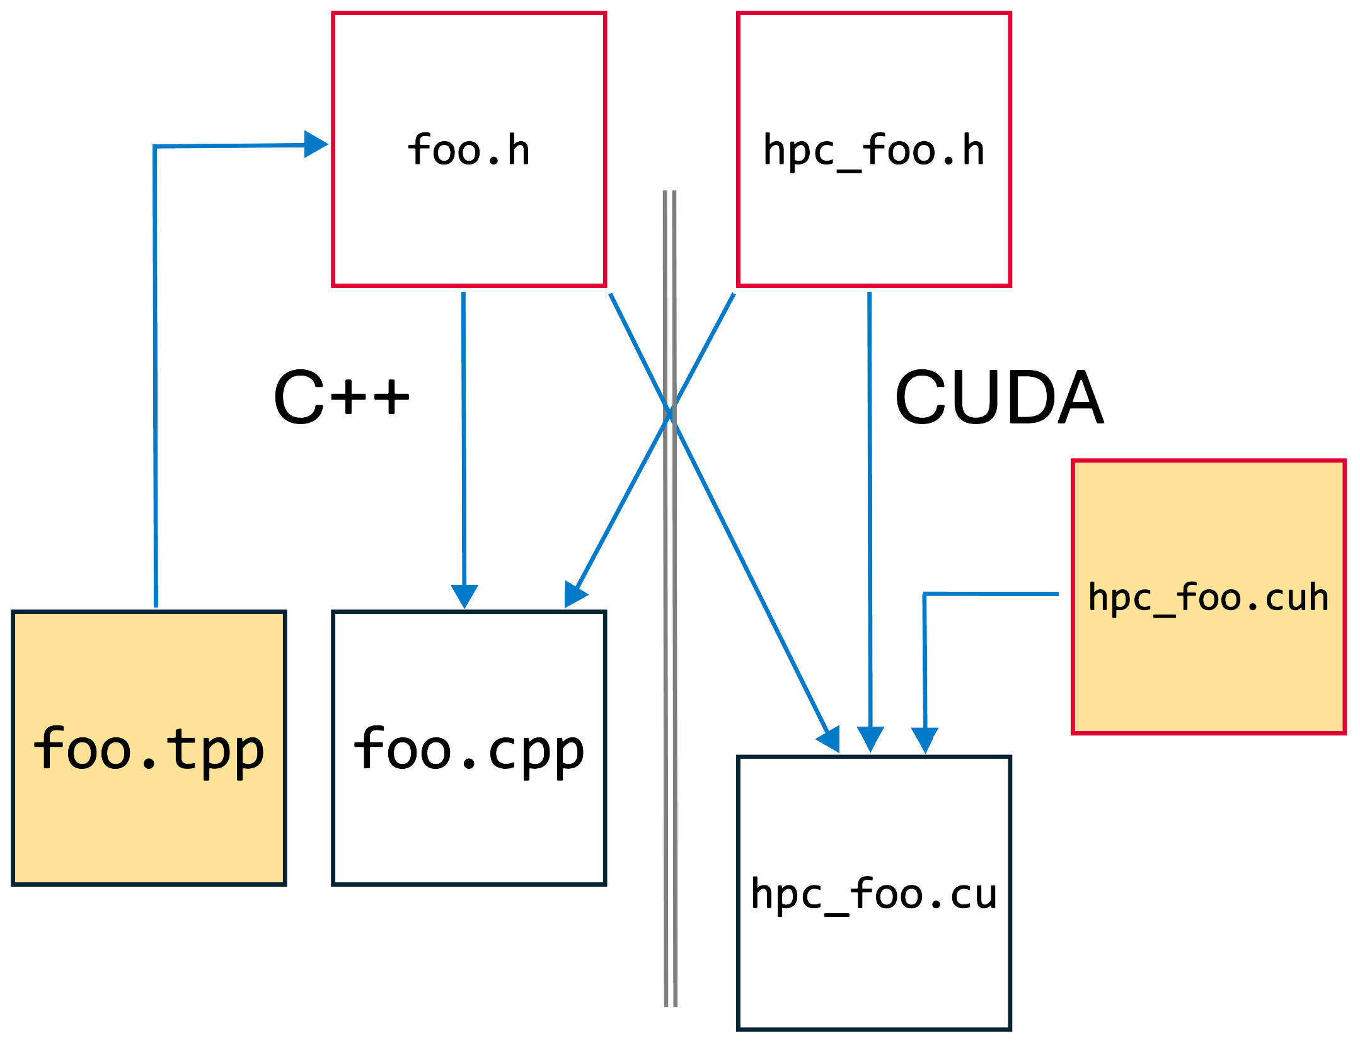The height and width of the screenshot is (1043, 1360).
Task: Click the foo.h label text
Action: pyautogui.click(x=469, y=150)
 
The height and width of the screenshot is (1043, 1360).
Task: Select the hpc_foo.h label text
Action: pyautogui.click(x=873, y=150)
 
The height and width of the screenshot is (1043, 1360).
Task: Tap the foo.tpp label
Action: pyautogui.click(x=149, y=749)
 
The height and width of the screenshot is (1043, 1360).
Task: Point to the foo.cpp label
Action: pyautogui.click(x=469, y=749)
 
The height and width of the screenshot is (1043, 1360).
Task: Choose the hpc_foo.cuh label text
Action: pyautogui.click(x=1208, y=597)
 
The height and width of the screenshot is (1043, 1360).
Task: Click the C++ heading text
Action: pyautogui.click(x=341, y=398)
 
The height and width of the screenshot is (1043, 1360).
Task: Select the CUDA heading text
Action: pyautogui.click(x=999, y=398)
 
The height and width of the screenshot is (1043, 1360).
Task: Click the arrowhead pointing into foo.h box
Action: pyautogui.click(x=316, y=144)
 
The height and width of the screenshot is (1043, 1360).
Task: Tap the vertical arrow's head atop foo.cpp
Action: pyautogui.click(x=464, y=596)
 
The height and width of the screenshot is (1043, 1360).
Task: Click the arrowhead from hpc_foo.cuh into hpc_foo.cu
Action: pyautogui.click(x=925, y=740)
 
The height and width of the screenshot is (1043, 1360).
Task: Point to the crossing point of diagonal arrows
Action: pyautogui.click(x=671, y=413)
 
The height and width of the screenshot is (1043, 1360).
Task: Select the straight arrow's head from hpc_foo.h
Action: pyautogui.click(x=870, y=739)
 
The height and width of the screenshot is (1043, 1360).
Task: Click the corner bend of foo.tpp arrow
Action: pyautogui.click(x=155, y=147)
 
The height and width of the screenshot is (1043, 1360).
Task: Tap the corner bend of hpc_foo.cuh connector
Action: pyautogui.click(x=925, y=594)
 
